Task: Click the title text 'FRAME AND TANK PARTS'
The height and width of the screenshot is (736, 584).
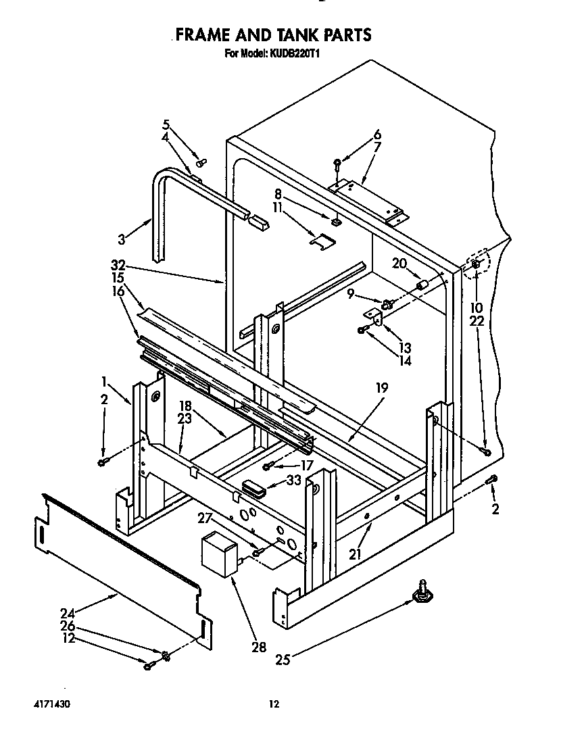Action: point(273,34)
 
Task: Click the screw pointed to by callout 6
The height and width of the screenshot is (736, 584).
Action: point(337,162)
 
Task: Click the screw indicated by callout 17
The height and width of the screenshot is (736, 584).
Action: point(268,466)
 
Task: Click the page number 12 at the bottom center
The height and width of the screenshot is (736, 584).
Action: point(274,704)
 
